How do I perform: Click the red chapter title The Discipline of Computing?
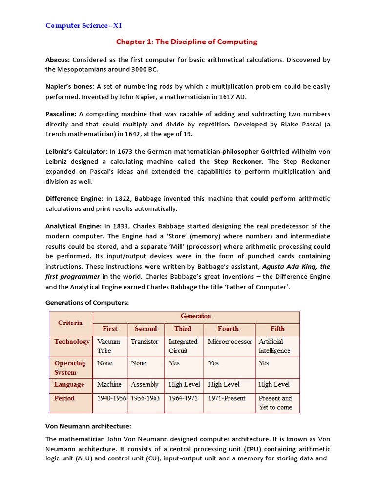(187, 42)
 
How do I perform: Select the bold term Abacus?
(58, 60)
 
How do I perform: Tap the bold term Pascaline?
(61, 114)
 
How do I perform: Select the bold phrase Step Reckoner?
(238, 161)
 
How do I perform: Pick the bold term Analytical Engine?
(74, 226)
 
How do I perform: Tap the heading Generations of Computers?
(87, 303)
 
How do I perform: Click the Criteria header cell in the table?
(70, 323)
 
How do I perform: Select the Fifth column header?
(277, 329)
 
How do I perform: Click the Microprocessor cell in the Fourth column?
(229, 342)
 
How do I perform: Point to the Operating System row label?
(70, 368)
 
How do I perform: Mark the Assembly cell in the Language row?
(145, 385)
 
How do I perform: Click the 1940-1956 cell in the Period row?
(111, 398)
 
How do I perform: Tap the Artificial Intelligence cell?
(274, 346)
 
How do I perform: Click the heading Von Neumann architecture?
(88, 426)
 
